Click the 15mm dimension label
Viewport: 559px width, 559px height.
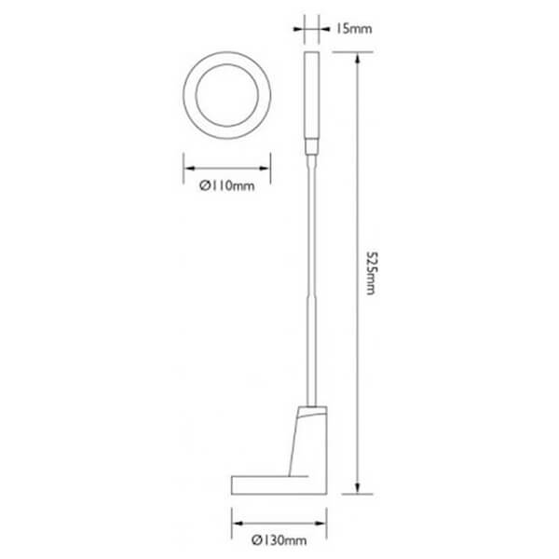pos(353,29)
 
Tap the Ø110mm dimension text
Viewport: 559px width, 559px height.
pos(227,185)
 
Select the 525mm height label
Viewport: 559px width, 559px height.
pos(371,273)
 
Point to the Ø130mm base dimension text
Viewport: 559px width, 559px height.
pos(279,540)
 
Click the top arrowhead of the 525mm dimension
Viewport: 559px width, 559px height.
pos(358,58)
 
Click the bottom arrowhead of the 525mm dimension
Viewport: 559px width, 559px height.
pos(358,488)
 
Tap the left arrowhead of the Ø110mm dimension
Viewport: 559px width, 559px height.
pos(189,169)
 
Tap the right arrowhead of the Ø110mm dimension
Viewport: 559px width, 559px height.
pos(265,169)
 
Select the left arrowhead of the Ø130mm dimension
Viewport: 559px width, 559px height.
pos(238,524)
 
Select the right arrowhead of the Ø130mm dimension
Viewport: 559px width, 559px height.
pos(320,524)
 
